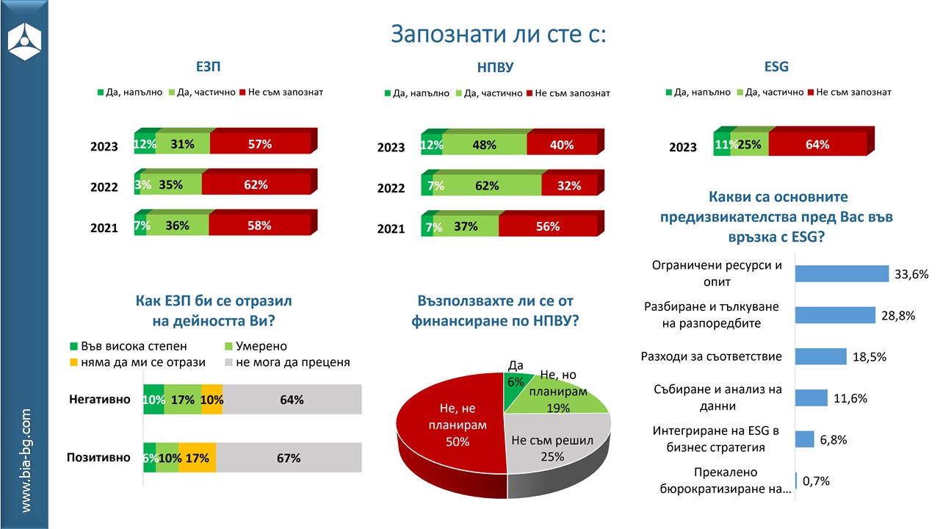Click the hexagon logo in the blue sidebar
(24, 41)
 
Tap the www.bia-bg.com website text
(25, 461)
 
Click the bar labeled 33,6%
(842, 274)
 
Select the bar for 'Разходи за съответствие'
(821, 356)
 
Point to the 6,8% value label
(833, 439)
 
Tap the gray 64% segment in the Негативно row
(292, 399)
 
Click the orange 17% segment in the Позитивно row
(198, 458)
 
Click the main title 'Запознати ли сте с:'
(499, 34)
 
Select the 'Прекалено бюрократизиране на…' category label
(726, 481)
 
